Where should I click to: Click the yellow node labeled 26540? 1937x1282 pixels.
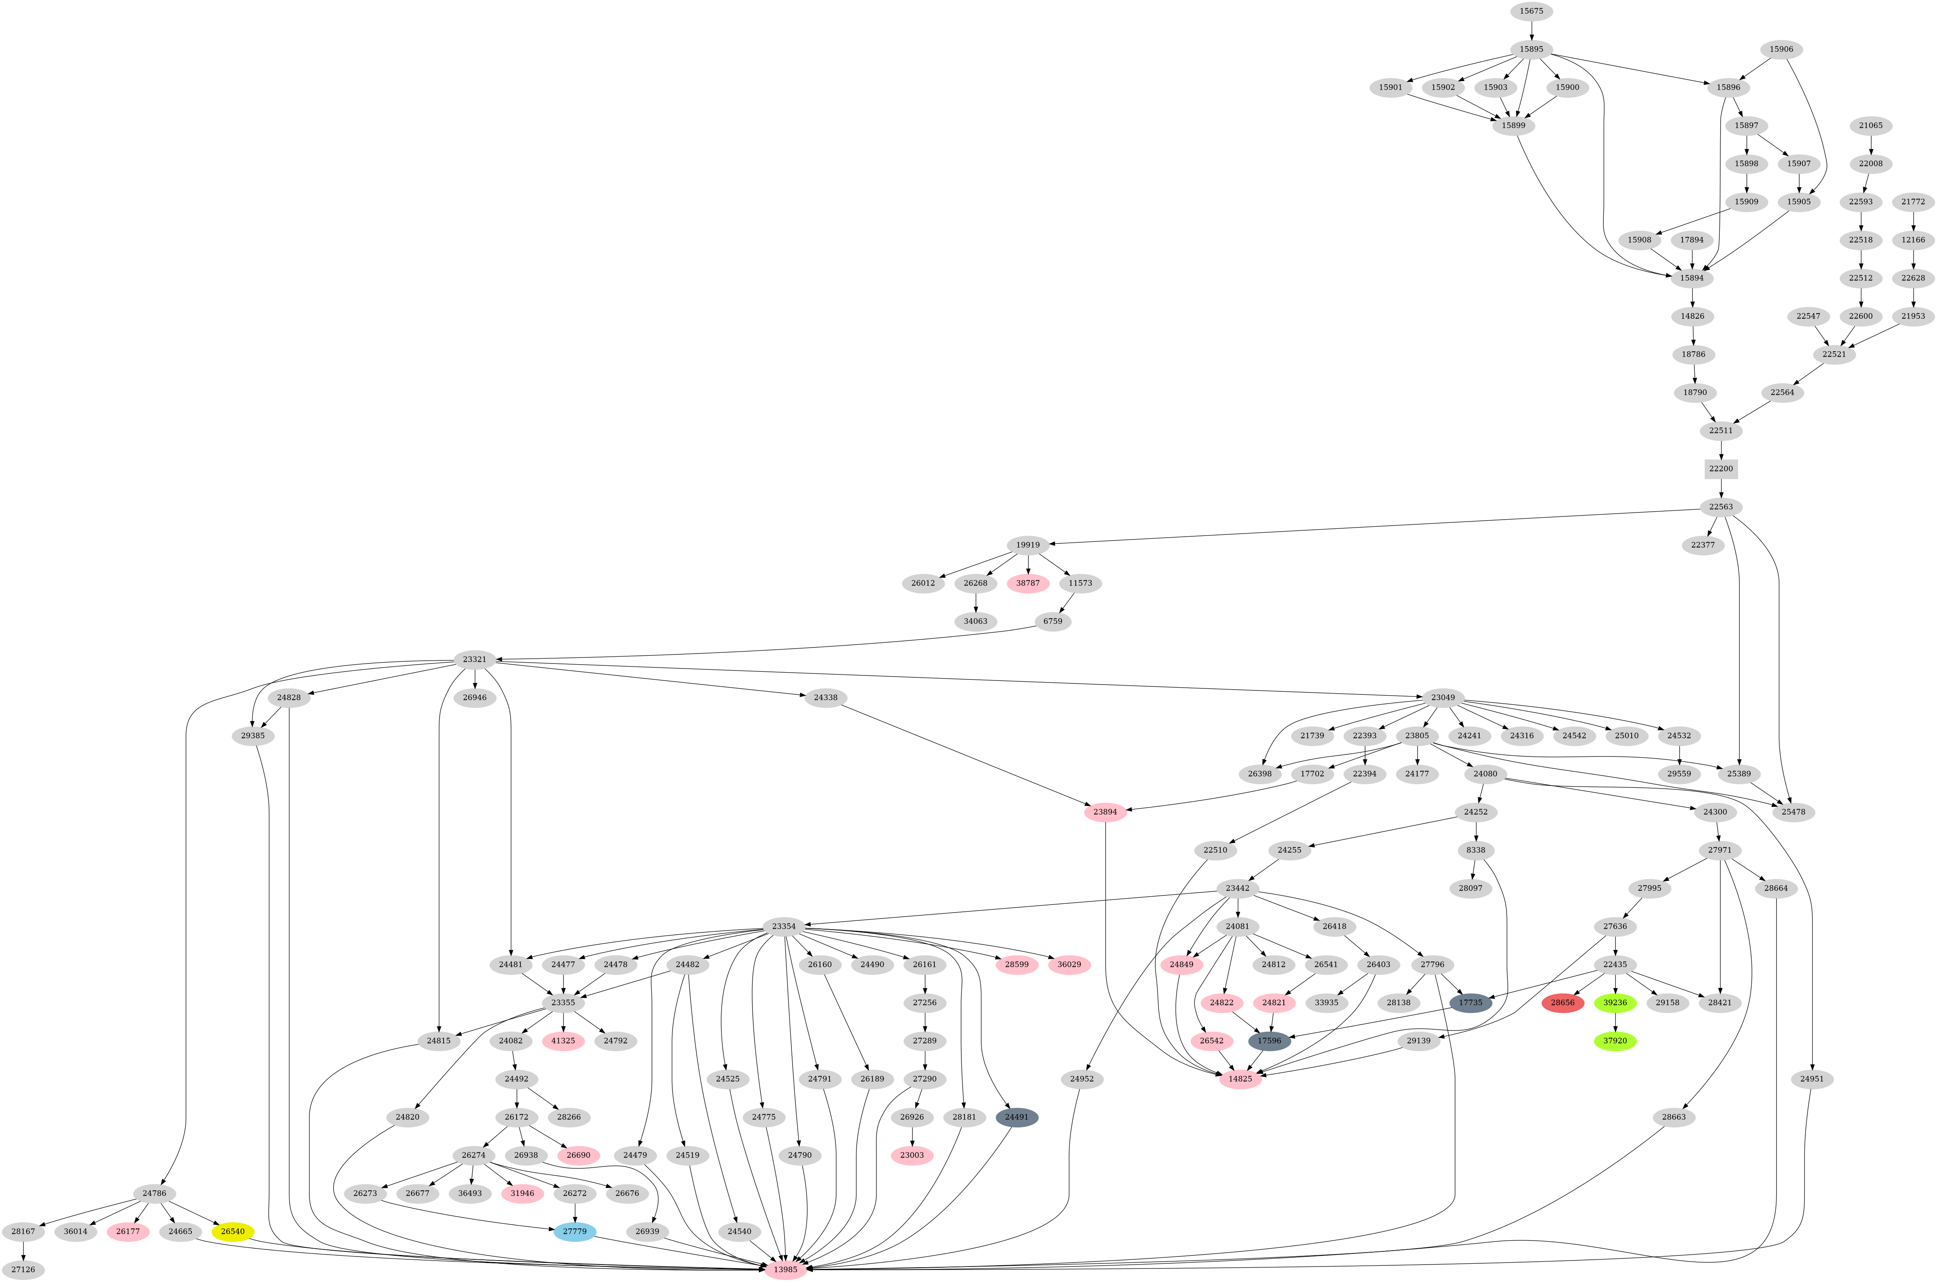pyautogui.click(x=233, y=1231)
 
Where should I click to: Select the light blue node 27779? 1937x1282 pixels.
pyautogui.click(x=575, y=1231)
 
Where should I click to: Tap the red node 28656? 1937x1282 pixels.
pyautogui.click(x=1563, y=1002)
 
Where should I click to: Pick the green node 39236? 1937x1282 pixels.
pyautogui.click(x=1615, y=1002)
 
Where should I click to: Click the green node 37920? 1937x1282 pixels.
pyautogui.click(x=1615, y=1041)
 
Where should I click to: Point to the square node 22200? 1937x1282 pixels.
pyautogui.click(x=1721, y=468)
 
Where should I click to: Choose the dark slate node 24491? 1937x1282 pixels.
pyautogui.click(x=1017, y=1117)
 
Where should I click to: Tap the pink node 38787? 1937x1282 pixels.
pyautogui.click(x=1028, y=583)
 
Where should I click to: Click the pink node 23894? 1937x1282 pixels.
pyautogui.click(x=1105, y=812)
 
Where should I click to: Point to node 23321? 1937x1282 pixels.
pyautogui.click(x=475, y=660)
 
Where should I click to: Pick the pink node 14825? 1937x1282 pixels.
pyautogui.click(x=1240, y=1079)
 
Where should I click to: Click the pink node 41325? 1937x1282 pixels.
pyautogui.click(x=563, y=1041)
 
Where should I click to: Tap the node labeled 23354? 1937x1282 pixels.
pyautogui.click(x=784, y=926)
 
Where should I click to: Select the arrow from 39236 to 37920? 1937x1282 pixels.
pyautogui.click(x=1615, y=1022)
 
